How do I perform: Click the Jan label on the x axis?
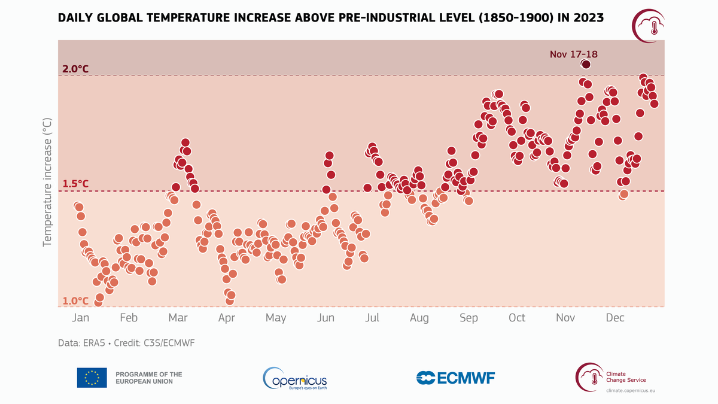[81, 318]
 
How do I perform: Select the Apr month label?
[226, 318]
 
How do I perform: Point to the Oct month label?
[517, 318]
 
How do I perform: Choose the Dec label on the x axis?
[614, 318]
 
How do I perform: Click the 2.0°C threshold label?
[75, 69]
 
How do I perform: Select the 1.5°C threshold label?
[75, 184]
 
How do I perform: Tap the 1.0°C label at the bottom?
[75, 300]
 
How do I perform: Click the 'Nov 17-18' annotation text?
[573, 54]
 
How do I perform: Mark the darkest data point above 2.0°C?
[586, 64]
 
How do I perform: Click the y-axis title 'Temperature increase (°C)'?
[47, 182]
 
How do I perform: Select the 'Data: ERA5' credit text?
[78, 343]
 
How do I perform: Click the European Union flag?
[92, 378]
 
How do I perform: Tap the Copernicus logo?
[295, 378]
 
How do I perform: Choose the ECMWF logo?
[456, 378]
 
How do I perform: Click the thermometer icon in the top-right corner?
[653, 27]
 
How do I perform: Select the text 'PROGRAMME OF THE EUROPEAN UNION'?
[148, 378]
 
